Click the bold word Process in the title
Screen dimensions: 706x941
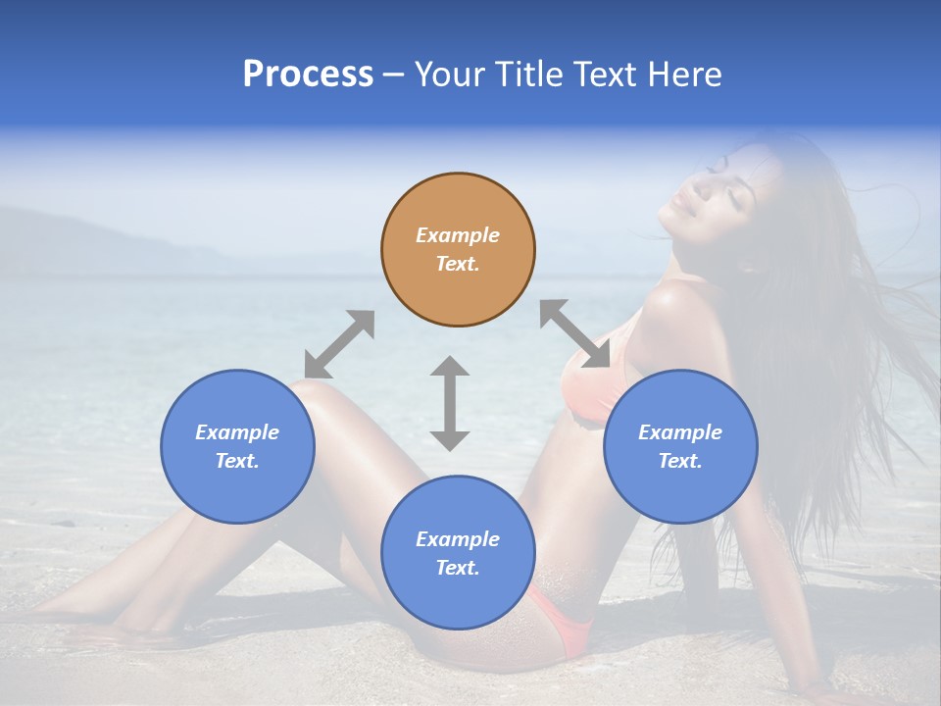[308, 75]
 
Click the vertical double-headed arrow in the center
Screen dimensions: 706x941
[450, 403]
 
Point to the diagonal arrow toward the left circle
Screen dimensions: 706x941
[339, 344]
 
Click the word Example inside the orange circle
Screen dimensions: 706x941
[458, 235]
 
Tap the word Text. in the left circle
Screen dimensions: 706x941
[237, 461]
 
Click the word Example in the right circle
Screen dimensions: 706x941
[680, 432]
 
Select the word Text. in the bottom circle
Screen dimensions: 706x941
[458, 568]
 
